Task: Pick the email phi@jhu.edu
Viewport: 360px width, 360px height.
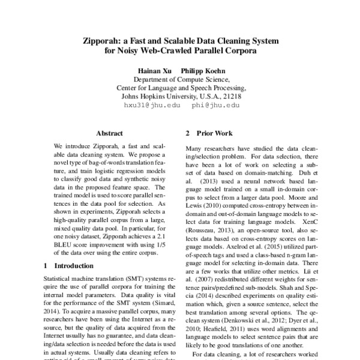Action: point(216,104)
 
